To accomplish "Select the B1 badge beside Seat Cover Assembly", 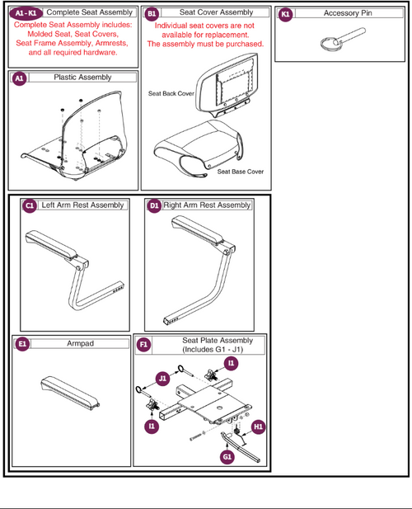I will click(152, 13).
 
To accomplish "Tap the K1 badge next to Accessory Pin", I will click(285, 13).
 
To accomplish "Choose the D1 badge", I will click(154, 205).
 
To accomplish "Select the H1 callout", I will click(258, 427).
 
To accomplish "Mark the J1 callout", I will click(163, 379).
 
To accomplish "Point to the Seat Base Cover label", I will click(241, 172).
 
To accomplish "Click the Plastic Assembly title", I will click(82, 77).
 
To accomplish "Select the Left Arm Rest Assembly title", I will click(82, 205).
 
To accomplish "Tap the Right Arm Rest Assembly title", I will click(207, 205).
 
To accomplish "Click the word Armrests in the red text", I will click(105, 43).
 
